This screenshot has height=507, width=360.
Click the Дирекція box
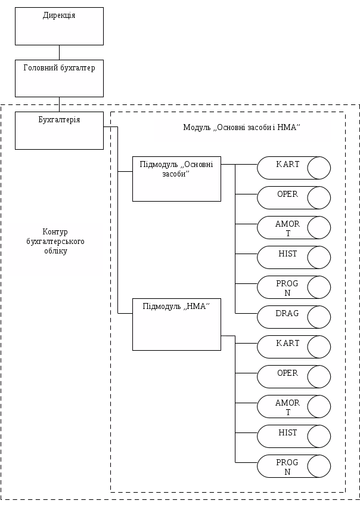click(x=59, y=26)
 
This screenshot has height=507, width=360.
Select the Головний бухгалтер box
click(x=59, y=78)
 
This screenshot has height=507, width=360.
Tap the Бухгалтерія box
click(x=59, y=131)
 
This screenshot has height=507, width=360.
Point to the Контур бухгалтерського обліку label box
click(x=55, y=249)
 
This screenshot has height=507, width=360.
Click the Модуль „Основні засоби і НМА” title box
click(x=242, y=130)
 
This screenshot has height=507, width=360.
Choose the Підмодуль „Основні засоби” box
click(x=176, y=179)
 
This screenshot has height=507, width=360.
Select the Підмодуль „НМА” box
click(x=176, y=324)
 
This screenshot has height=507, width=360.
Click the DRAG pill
click(x=293, y=317)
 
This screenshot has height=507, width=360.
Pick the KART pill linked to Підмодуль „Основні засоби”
click(x=293, y=168)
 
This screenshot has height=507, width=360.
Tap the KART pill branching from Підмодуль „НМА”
click(x=293, y=347)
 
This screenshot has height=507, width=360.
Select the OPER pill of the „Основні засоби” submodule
click(x=293, y=198)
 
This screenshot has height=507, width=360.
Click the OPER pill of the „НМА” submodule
click(x=293, y=377)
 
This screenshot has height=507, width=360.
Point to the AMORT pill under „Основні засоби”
click(x=293, y=228)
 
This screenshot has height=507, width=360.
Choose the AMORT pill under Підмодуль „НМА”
click(x=293, y=407)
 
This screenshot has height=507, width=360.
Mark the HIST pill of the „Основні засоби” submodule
click(x=293, y=258)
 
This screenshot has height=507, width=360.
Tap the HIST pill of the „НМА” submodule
click(x=293, y=437)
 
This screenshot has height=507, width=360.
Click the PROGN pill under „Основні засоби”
click(x=293, y=287)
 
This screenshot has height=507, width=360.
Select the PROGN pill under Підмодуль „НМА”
click(x=293, y=466)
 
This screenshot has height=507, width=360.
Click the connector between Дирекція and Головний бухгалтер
click(x=60, y=52)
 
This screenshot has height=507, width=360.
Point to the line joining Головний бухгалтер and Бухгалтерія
click(x=60, y=104)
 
